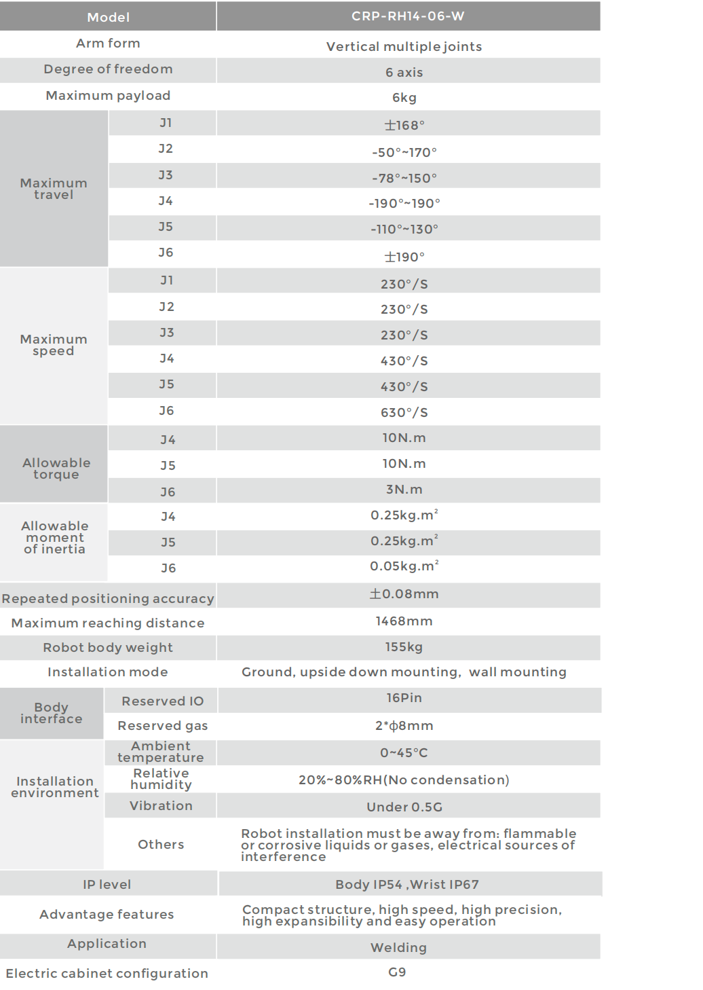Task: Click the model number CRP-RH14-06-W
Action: [408, 16]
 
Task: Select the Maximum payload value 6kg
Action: [404, 98]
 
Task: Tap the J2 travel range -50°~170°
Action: [404, 152]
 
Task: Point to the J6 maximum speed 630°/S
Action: [404, 412]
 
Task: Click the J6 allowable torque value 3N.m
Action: [404, 490]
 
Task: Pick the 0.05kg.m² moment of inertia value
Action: [404, 566]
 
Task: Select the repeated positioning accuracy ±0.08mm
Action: [404, 594]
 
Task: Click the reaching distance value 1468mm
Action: [404, 621]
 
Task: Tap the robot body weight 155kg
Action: [404, 647]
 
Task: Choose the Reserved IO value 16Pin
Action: [404, 698]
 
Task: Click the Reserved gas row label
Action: [163, 726]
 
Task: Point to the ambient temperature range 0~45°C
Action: [404, 753]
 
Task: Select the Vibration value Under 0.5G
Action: [404, 807]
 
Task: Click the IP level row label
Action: [107, 885]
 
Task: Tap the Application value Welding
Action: [399, 948]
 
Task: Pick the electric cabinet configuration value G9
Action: [398, 972]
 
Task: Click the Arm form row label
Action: [108, 43]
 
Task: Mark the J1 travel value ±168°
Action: [404, 126]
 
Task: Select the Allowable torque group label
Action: [56, 469]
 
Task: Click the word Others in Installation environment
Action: [161, 845]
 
